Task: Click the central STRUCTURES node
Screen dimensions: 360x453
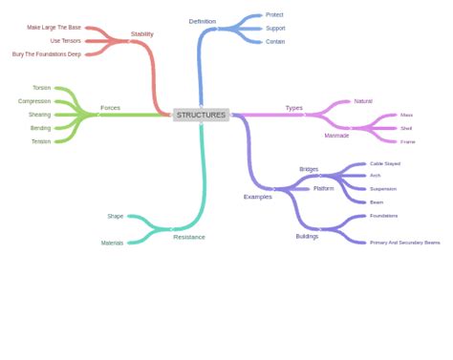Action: pyautogui.click(x=201, y=115)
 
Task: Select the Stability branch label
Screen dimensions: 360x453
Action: pyautogui.click(x=141, y=33)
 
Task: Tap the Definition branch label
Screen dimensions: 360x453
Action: pyautogui.click(x=203, y=21)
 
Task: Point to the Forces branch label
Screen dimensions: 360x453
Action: pyautogui.click(x=110, y=108)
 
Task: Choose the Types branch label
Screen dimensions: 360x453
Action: pyautogui.click(x=293, y=108)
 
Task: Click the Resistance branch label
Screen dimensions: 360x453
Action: pyautogui.click(x=188, y=237)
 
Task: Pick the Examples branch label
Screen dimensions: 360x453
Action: pyautogui.click(x=257, y=197)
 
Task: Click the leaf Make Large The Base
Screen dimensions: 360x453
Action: pyautogui.click(x=54, y=28)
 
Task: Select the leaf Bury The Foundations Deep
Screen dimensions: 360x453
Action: pyautogui.click(x=47, y=54)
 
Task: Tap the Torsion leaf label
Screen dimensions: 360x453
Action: pyautogui.click(x=41, y=88)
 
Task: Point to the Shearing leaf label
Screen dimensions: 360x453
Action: pyautogui.click(x=39, y=115)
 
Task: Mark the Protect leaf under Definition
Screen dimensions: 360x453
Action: pyautogui.click(x=274, y=15)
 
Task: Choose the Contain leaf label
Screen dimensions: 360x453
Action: pyautogui.click(x=275, y=42)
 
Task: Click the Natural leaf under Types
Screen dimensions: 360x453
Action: pyautogui.click(x=363, y=101)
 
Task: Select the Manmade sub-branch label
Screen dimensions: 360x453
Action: pyautogui.click(x=336, y=136)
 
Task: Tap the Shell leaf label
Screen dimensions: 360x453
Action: pyautogui.click(x=406, y=128)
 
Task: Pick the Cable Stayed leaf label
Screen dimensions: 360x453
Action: pyautogui.click(x=385, y=163)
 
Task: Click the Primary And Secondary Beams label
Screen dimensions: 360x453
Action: pyautogui.click(x=404, y=243)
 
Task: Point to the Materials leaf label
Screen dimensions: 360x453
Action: pyautogui.click(x=112, y=243)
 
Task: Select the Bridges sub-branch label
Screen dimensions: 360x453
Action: pyautogui.click(x=309, y=169)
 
